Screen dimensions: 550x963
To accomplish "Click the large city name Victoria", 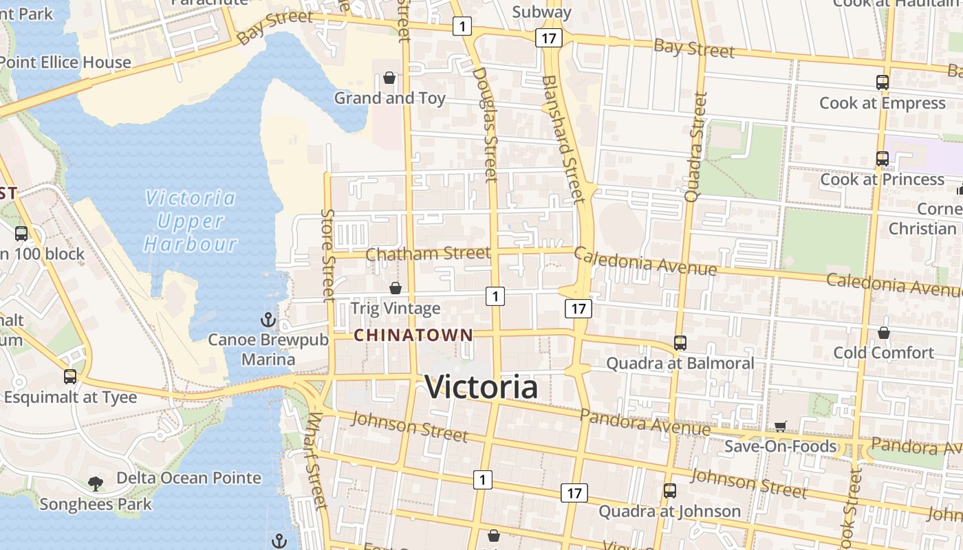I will pos(481,387).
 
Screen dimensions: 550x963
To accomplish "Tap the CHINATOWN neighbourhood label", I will pos(413,335).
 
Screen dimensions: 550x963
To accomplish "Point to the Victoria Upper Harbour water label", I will pos(190,221).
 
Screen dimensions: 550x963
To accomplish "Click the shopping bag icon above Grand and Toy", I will pos(389,78).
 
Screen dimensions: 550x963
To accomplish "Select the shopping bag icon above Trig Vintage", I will pos(396,288).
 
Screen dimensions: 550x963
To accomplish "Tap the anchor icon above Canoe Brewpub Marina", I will pos(268,320).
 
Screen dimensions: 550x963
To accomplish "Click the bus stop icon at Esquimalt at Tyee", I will pos(70,377).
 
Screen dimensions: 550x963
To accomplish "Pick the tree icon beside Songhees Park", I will pos(96,483).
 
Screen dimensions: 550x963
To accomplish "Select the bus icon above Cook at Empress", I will pos(883,82).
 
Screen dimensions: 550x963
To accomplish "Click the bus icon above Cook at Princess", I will pos(883,159).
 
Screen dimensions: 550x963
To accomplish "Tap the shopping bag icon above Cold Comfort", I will pos(884,333).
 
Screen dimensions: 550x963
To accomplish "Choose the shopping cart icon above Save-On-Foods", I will pos(780,427).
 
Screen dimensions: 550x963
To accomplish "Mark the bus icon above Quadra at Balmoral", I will pos(680,342).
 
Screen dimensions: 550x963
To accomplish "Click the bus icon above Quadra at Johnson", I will pos(670,491).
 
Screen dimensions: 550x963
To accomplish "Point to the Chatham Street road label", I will pos(428,254).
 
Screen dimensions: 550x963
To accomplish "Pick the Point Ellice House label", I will pos(65,63).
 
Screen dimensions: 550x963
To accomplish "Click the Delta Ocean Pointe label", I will pos(188,478).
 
